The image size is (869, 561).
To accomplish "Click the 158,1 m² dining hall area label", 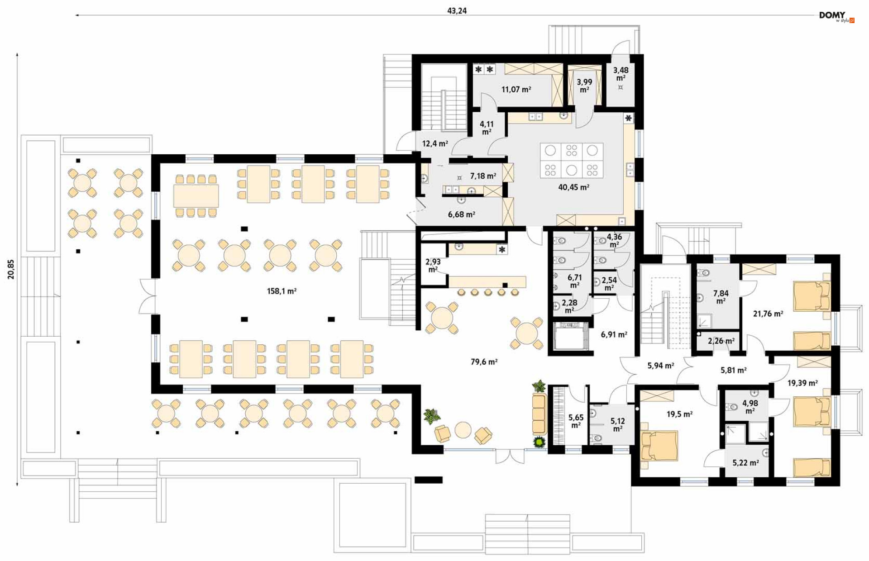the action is [282, 291].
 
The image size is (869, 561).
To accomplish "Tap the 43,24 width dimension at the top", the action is [457, 10].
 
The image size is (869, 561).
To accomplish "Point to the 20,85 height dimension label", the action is [11, 269].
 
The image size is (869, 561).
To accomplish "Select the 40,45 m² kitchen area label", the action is [573, 187].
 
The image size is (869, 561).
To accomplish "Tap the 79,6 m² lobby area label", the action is [484, 362].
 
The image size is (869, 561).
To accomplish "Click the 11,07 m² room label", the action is [516, 90].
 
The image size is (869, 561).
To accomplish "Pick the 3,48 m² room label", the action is [621, 74].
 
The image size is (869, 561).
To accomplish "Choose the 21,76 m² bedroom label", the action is [768, 314].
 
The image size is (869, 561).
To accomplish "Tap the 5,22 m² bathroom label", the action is [745, 463].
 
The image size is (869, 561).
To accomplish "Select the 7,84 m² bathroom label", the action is [721, 297].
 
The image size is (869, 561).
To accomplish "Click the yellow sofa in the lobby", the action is [539, 414].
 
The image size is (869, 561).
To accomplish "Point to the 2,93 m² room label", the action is [433, 265].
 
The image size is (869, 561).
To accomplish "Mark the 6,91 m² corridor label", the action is [614, 335].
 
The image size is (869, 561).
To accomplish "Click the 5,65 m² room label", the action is [576, 421].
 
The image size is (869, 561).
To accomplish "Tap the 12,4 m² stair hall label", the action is [435, 144].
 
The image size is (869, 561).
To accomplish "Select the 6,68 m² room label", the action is [461, 214].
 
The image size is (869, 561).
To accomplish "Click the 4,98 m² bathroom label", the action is [750, 407].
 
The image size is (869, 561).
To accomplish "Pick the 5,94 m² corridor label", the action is [660, 366].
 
